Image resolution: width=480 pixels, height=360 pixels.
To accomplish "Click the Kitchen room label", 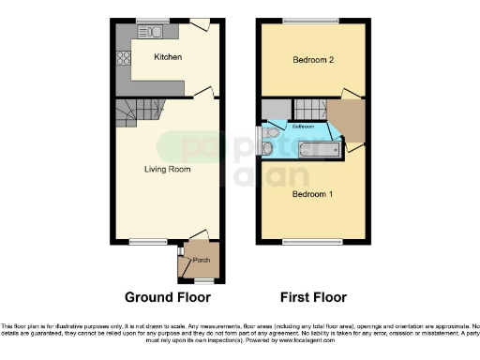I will [168, 58].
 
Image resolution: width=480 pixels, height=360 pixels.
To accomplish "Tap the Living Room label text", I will [167, 170].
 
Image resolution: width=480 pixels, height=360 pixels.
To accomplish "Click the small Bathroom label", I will [303, 126].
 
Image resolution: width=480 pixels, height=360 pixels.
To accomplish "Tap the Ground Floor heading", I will [167, 297].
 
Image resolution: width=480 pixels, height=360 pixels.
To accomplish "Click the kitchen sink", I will [154, 32].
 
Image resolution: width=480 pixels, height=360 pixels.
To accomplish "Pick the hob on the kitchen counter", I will [123, 56].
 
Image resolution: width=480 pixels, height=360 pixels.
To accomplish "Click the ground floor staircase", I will [127, 116].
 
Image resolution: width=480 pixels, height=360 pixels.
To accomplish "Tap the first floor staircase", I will [308, 107].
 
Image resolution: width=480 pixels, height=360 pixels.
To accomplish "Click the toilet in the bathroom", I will [269, 147].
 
